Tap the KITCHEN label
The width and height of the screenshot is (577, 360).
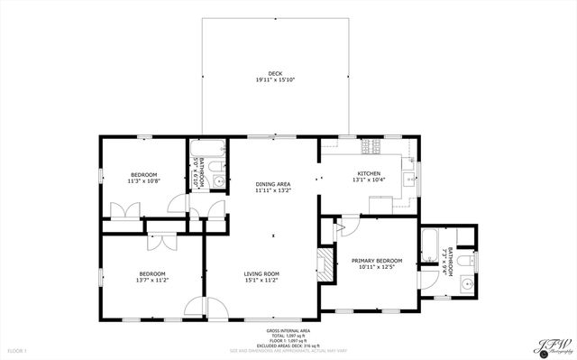(369, 173)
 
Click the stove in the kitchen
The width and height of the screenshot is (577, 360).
(369, 145)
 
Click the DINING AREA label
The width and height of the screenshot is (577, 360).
(271, 183)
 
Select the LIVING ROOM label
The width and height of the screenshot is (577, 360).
(261, 273)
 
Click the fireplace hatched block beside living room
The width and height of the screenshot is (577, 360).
(321, 264)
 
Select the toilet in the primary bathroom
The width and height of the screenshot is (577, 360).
(464, 261)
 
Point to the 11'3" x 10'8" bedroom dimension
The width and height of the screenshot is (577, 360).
(143, 181)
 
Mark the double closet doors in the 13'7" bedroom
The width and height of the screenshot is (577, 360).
(162, 241)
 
